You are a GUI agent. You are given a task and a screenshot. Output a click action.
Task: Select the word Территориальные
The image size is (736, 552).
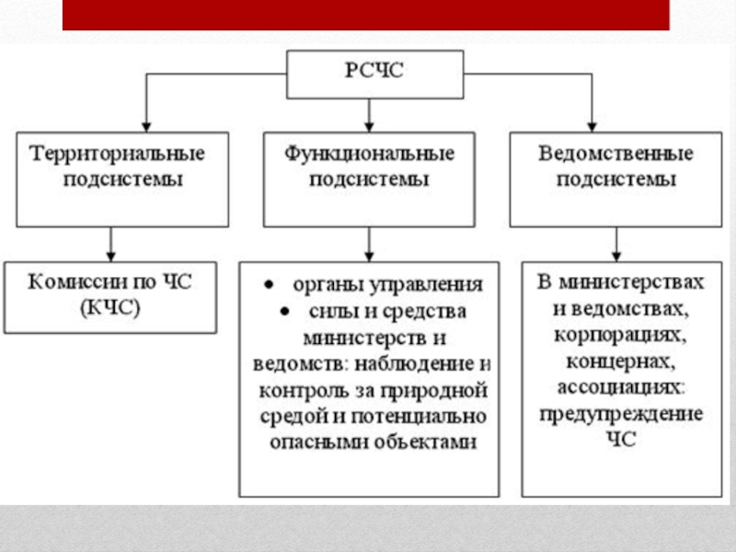click(x=121, y=152)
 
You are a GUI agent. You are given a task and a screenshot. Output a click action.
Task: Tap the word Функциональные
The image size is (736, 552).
click(x=369, y=152)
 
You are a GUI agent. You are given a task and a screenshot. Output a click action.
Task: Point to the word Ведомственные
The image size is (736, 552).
click(x=615, y=152)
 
